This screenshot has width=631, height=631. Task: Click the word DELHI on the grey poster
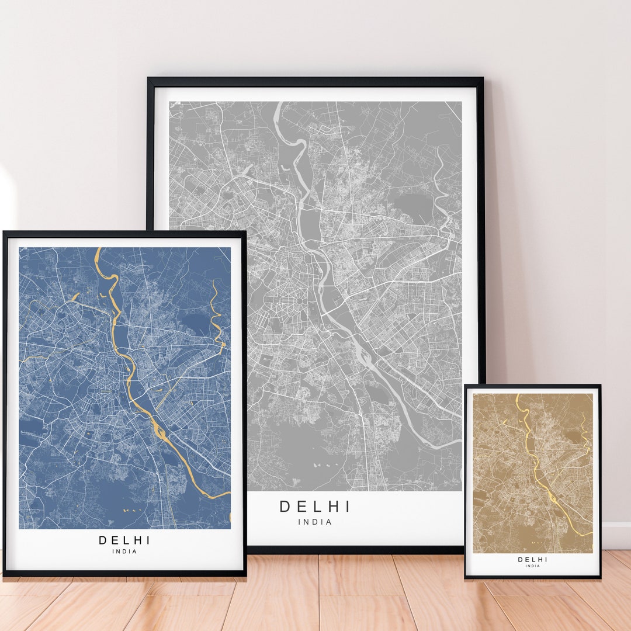(x=314, y=507)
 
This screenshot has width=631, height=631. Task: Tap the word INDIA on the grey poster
(x=314, y=522)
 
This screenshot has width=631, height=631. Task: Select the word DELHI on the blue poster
(x=124, y=540)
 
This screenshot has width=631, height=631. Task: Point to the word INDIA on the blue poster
(x=124, y=552)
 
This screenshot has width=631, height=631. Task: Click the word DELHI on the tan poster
(x=533, y=559)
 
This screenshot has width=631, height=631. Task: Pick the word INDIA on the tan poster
(x=533, y=566)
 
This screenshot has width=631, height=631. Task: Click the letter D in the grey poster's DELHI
(x=285, y=507)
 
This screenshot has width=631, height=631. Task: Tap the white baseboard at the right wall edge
(x=616, y=535)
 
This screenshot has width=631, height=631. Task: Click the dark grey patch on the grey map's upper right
(x=412, y=204)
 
